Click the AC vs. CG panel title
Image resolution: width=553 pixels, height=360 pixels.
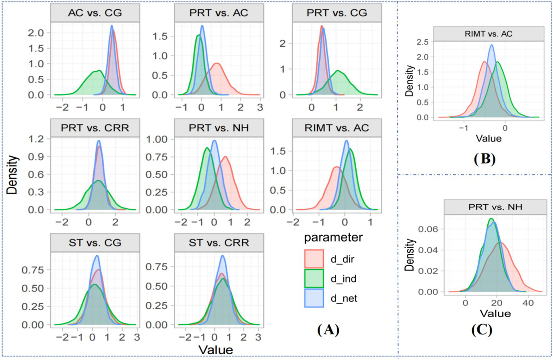[x=95, y=13]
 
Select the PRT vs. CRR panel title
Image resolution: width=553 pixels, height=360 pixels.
[x=95, y=128]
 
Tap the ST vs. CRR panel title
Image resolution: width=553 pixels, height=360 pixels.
[x=219, y=243]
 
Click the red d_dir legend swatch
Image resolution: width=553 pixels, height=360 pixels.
[x=314, y=259]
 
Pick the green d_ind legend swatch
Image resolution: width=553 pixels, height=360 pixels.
[x=314, y=279]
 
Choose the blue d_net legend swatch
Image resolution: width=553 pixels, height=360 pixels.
[x=314, y=298]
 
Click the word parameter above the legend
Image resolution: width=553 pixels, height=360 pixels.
[x=333, y=237]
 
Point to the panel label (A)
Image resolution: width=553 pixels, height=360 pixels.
[x=328, y=330]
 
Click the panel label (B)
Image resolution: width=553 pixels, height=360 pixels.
[x=485, y=159]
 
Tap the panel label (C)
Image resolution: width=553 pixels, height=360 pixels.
[x=482, y=330]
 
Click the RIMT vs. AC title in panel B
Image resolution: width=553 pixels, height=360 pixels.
[x=488, y=34]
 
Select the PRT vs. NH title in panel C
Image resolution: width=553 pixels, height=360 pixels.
[x=495, y=207]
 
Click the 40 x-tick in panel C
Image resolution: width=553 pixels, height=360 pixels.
[x=528, y=303]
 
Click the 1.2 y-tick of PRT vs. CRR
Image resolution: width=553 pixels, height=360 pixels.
[x=36, y=139]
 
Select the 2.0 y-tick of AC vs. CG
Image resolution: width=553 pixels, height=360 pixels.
[x=36, y=33]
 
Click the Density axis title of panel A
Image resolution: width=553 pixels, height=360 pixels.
[x=12, y=175]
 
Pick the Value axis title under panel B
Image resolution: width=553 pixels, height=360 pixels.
[x=488, y=138]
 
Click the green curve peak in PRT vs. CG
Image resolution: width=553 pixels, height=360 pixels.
[x=338, y=71]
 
